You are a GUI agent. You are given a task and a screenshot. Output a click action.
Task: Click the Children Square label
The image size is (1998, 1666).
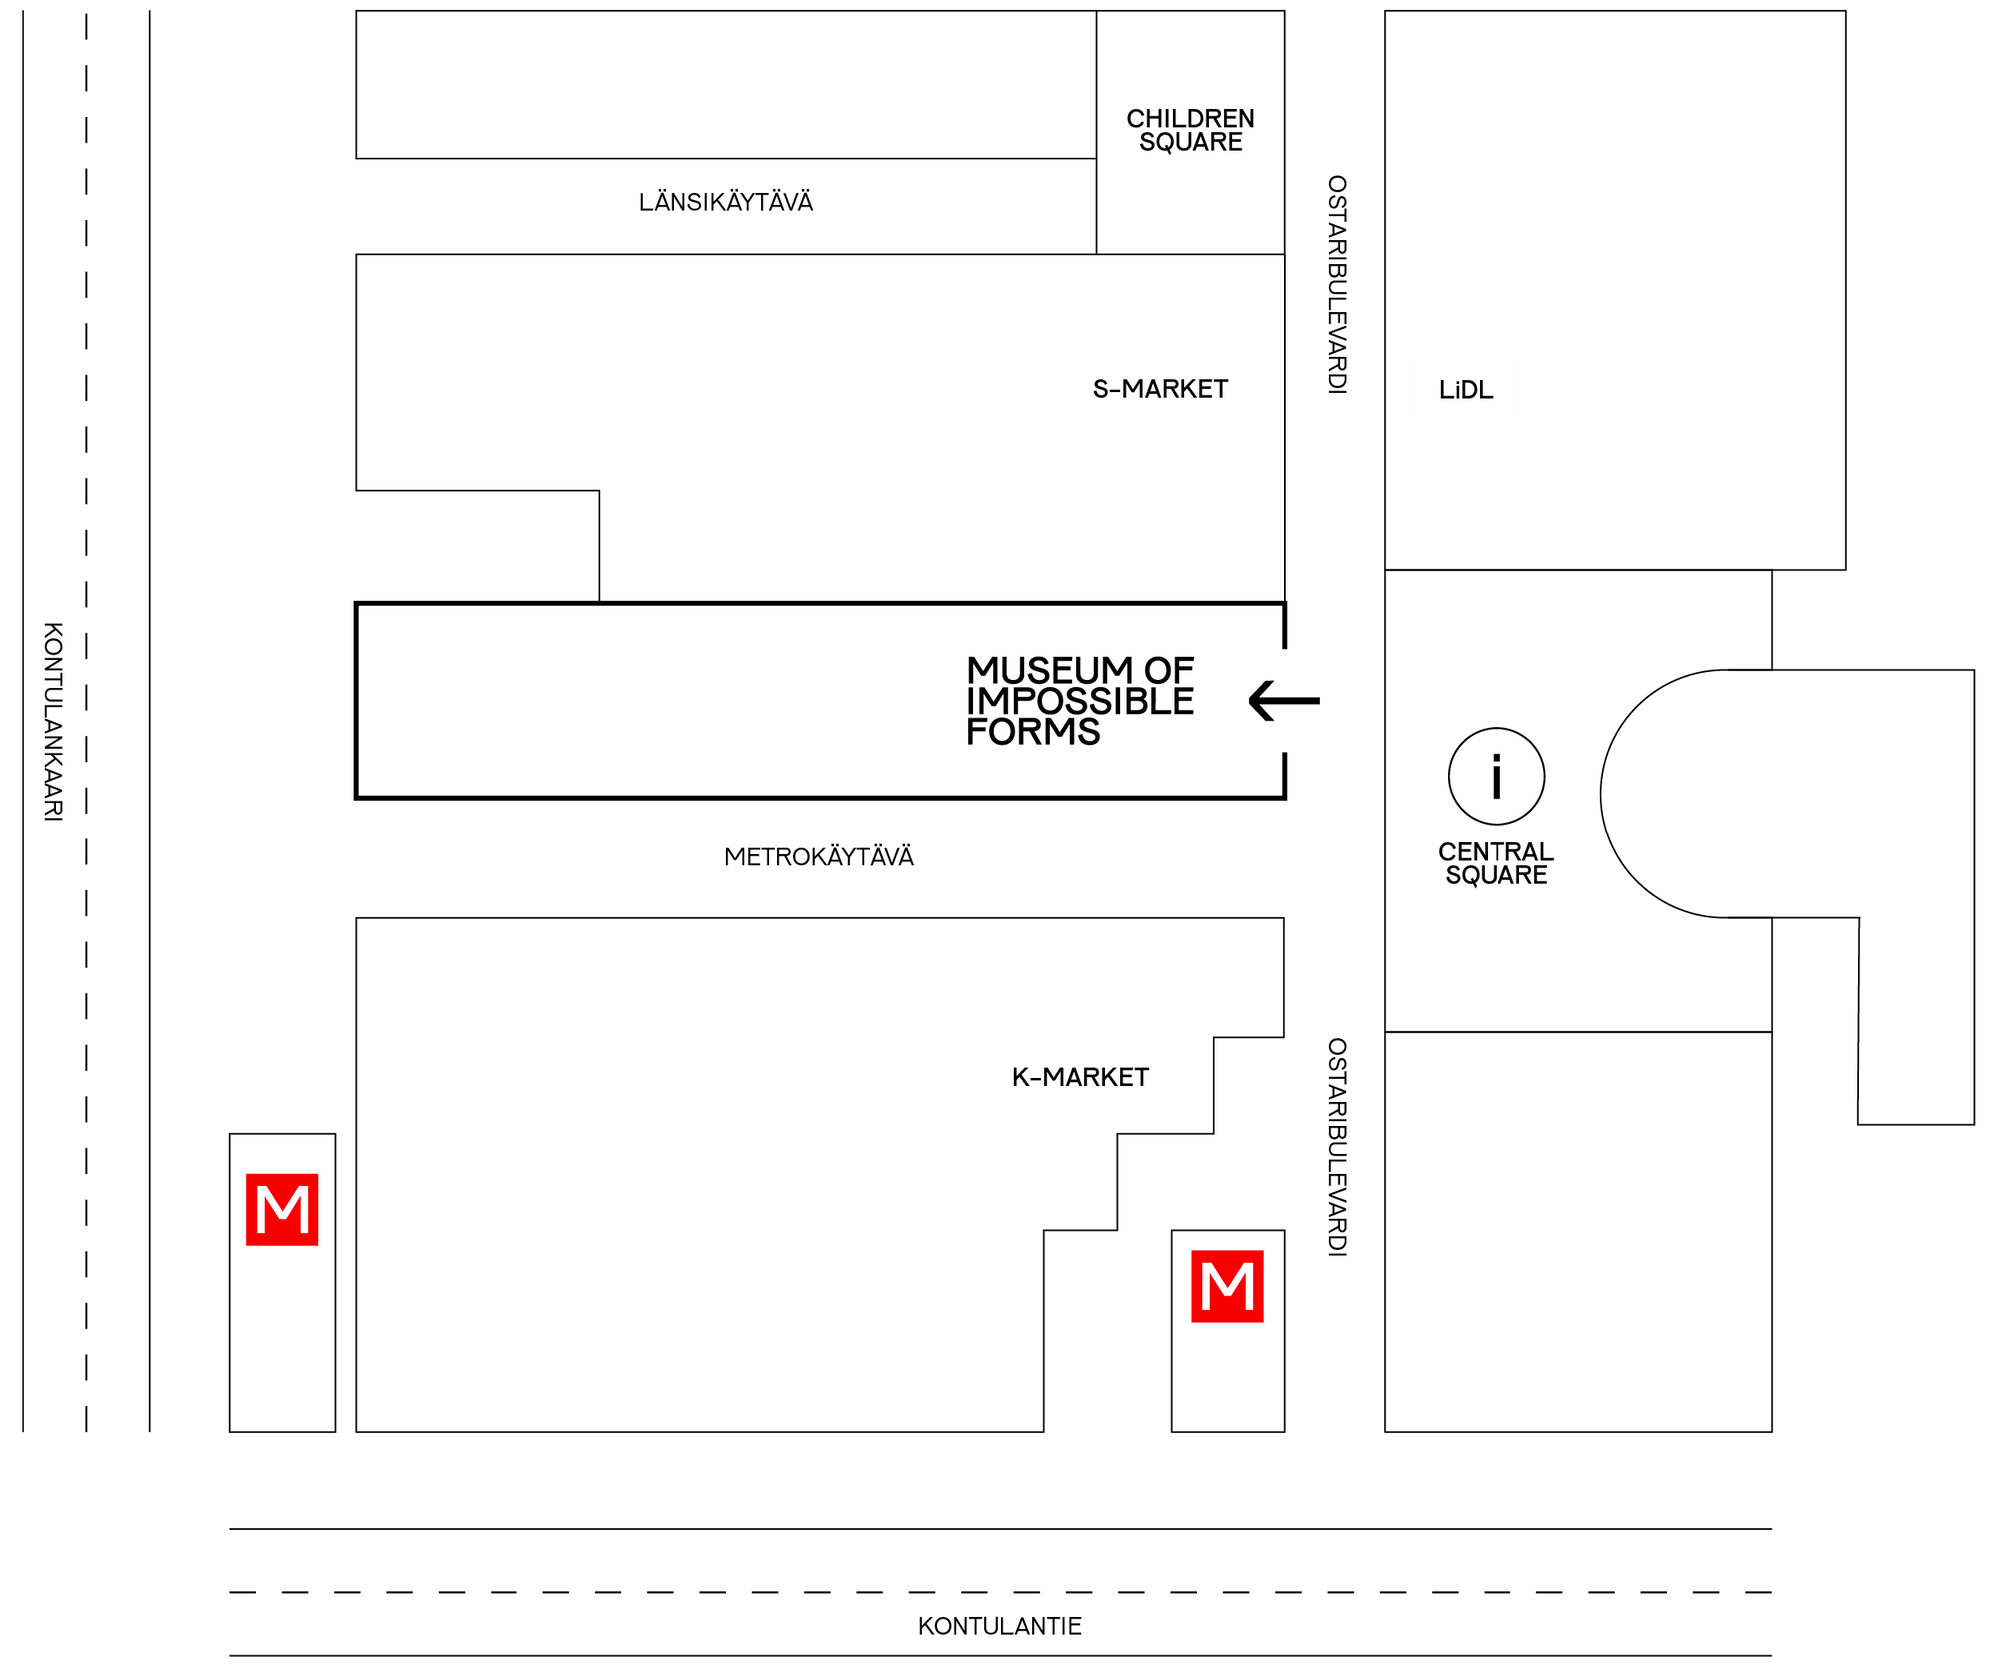1190,130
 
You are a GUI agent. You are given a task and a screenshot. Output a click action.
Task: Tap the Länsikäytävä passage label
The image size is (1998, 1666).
726,202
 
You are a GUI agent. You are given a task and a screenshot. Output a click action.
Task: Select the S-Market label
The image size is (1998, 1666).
1160,389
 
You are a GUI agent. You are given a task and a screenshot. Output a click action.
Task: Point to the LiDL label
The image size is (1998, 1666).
1466,390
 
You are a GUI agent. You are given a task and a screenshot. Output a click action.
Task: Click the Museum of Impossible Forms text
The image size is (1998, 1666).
1080,701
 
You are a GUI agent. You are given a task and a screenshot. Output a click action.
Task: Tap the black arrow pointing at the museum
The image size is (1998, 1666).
1284,701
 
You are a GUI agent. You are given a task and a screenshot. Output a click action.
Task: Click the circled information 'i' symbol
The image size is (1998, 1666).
1497,776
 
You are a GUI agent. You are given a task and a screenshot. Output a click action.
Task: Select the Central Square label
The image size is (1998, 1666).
1496,863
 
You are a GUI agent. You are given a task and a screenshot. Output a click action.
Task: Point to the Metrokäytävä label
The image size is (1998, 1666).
819,857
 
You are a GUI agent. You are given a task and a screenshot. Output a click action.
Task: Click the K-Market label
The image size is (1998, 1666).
1080,1077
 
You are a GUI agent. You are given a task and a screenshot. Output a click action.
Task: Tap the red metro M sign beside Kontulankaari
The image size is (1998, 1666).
282,1209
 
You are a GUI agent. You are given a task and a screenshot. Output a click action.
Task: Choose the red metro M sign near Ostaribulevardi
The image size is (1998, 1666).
1227,1286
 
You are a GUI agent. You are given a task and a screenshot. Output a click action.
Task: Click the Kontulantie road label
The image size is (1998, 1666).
999,1626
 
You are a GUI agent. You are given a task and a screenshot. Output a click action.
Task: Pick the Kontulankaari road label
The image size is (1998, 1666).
53,722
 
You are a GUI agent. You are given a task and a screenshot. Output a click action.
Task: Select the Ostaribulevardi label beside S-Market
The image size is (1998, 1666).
1337,285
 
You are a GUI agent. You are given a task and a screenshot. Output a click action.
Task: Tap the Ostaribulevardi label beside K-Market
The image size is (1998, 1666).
1337,1147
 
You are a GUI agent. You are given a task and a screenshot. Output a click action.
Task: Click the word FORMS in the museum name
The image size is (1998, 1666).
1033,732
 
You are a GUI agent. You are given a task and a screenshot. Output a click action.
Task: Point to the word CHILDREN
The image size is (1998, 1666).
1190,118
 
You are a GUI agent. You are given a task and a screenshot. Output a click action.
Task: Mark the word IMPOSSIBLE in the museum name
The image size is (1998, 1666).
1080,701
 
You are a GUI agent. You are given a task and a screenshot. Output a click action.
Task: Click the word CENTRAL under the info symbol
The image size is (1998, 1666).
1496,852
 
